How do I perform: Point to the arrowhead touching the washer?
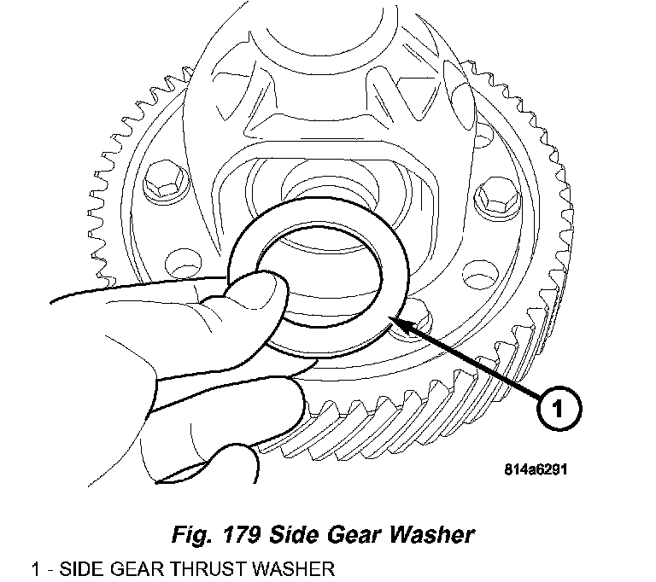point(398,320)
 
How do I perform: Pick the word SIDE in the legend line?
point(71,568)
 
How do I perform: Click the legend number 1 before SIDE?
point(36,568)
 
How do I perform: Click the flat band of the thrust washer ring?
point(389,256)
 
